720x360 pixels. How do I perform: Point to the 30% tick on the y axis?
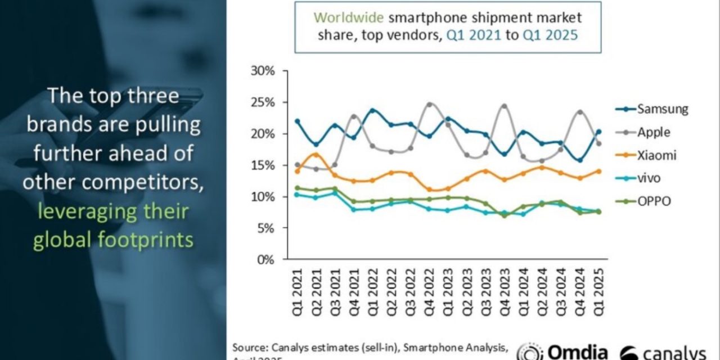(263, 71)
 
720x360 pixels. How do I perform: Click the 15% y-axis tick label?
(263, 165)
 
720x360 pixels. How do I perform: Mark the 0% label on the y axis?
(265, 260)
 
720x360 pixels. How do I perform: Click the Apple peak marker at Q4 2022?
(430, 105)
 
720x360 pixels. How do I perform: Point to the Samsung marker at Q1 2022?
(373, 111)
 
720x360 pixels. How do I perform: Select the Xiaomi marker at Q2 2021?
(316, 155)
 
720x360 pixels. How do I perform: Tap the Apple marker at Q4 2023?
(504, 106)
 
